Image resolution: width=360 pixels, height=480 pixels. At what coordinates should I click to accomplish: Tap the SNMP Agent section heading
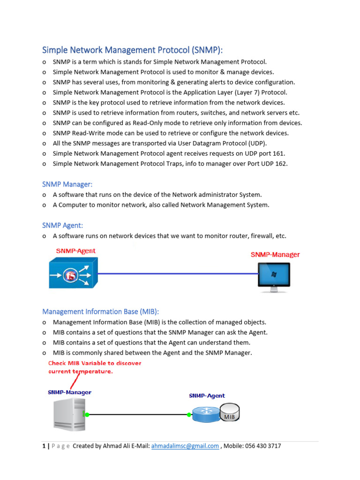click(x=62, y=225)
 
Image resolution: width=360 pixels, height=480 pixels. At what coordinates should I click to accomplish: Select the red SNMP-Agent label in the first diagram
click(x=75, y=251)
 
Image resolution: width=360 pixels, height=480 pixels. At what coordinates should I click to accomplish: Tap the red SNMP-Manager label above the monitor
click(x=275, y=255)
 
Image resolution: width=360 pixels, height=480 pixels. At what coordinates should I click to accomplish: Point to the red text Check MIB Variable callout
click(x=95, y=367)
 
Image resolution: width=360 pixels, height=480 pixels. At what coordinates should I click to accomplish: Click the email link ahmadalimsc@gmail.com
click(x=185, y=446)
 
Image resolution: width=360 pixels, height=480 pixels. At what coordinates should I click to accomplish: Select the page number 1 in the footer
click(x=44, y=446)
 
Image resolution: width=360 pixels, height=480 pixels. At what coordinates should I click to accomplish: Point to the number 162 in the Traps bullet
click(x=281, y=164)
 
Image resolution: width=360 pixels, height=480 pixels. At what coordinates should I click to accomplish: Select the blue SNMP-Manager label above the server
click(x=69, y=392)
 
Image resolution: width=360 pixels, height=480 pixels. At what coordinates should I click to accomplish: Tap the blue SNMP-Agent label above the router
click(x=207, y=396)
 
